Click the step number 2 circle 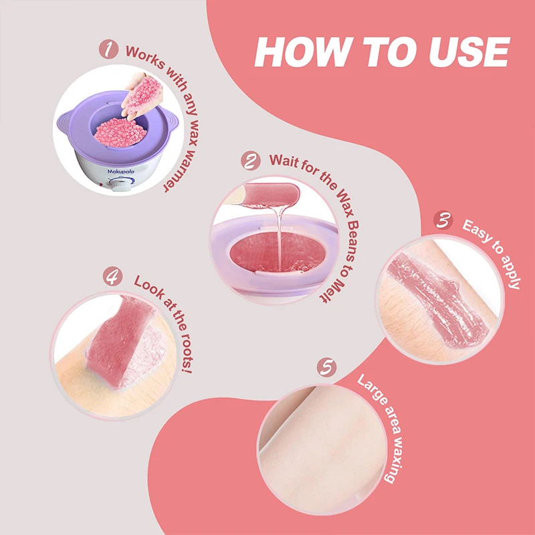click(x=251, y=161)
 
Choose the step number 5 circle click(x=326, y=366)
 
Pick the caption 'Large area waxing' click(x=381, y=428)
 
